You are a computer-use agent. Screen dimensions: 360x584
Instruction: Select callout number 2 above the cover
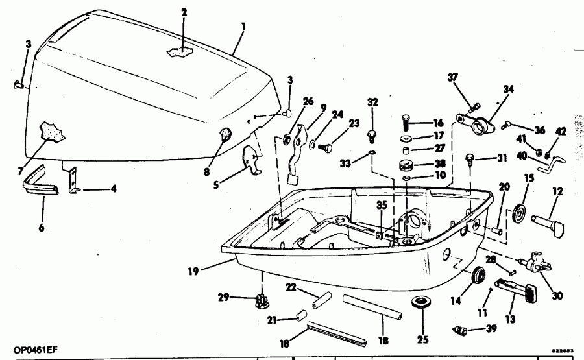click(184, 12)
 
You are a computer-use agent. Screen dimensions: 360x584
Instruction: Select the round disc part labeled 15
click(518, 213)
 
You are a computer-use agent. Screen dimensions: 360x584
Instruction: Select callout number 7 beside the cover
click(21, 171)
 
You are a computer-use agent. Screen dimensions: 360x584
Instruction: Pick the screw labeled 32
click(372, 134)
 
